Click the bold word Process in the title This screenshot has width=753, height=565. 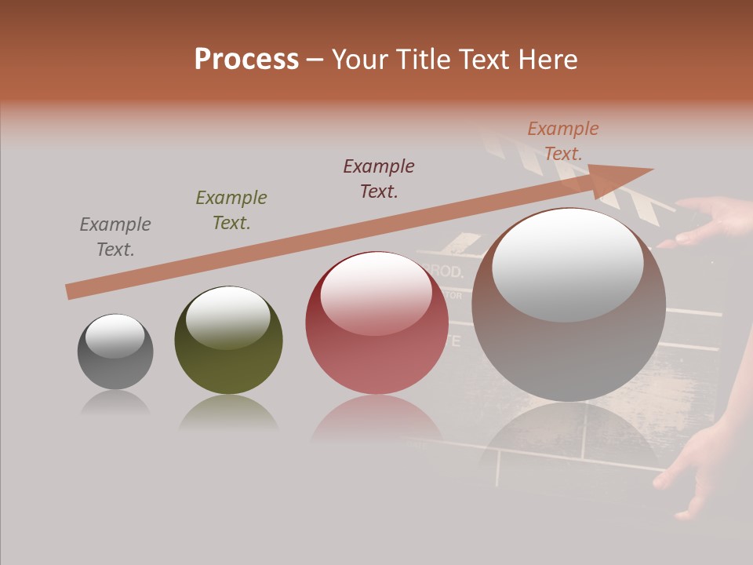246,60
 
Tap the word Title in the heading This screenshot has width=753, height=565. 420,60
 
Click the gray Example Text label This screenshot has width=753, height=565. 115,237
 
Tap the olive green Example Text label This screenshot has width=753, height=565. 231,210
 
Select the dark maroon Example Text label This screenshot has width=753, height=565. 379,179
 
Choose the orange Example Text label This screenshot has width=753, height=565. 563,141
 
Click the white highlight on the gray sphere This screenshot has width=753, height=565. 115,335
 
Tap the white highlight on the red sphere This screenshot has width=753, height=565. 376,294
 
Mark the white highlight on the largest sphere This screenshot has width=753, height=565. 567,265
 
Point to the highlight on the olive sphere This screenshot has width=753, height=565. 228,317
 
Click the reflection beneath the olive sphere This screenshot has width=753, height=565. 228,412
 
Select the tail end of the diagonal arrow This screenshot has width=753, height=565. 71,291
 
